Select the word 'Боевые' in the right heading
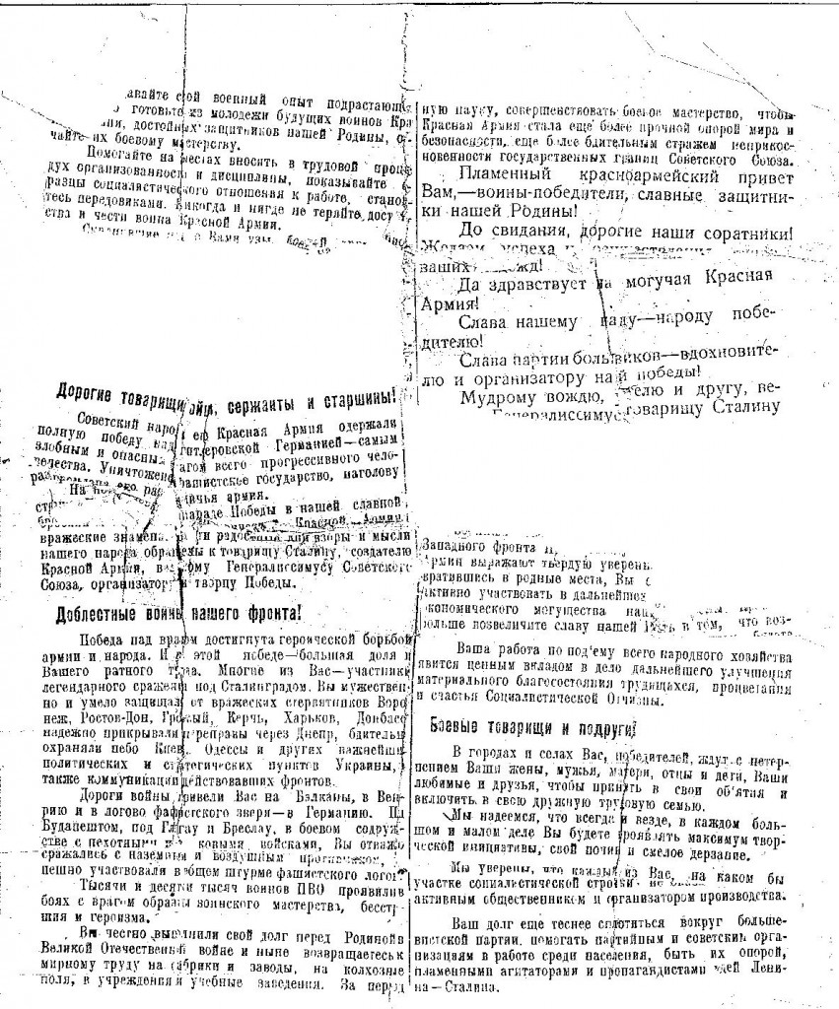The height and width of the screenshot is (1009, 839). coord(460,728)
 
